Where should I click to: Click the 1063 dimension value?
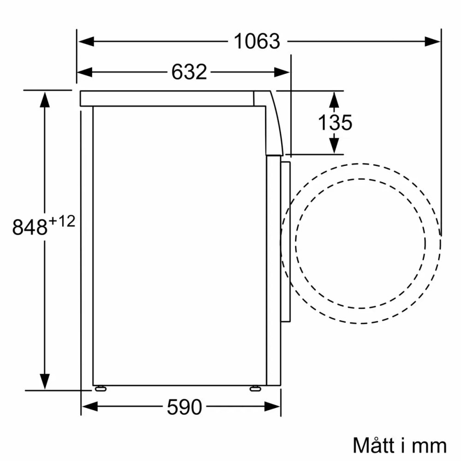pyautogui.click(x=257, y=41)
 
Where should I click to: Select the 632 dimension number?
pyautogui.click(x=189, y=72)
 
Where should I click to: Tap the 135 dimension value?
pyautogui.click(x=335, y=122)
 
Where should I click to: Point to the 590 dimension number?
pyautogui.click(x=184, y=407)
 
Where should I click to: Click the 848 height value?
pyautogui.click(x=30, y=227)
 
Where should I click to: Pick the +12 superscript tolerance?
pyautogui.click(x=61, y=222)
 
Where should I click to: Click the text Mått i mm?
pyautogui.click(x=400, y=445)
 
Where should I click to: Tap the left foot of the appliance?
pyautogui.click(x=100, y=389)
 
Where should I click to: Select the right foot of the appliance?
pyautogui.click(x=254, y=389)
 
